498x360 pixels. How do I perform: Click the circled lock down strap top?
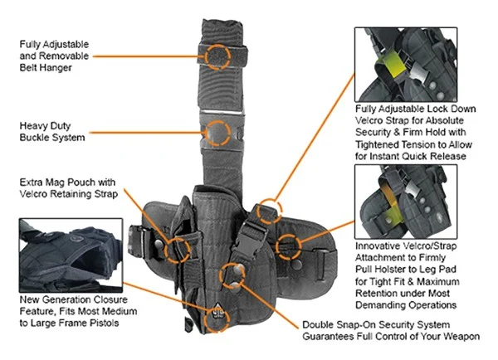tap(268, 212)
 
